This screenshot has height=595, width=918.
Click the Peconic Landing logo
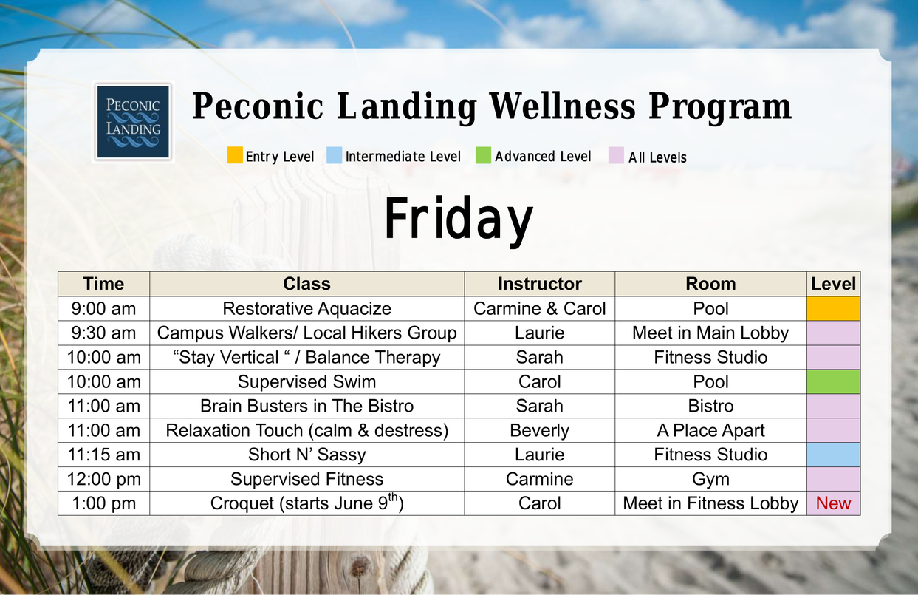pyautogui.click(x=133, y=122)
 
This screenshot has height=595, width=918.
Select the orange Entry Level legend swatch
pyautogui.click(x=235, y=155)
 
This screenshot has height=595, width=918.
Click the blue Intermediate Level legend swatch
pyautogui.click(x=334, y=155)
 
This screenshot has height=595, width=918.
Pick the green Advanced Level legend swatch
pyautogui.click(x=483, y=155)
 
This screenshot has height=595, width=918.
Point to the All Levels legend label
pyautogui.click(x=657, y=157)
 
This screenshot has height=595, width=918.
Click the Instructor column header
pyautogui.click(x=539, y=284)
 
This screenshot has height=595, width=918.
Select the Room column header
pyautogui.click(x=710, y=284)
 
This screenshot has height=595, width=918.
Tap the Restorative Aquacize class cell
pyautogui.click(x=306, y=308)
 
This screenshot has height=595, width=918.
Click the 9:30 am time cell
pyautogui.click(x=103, y=333)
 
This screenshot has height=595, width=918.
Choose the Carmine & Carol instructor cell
pyautogui.click(x=539, y=308)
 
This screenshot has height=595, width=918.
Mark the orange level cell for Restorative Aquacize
pyautogui.click(x=833, y=308)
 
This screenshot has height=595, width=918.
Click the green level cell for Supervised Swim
pyautogui.click(x=833, y=381)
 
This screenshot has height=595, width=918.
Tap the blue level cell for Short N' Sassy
pyautogui.click(x=833, y=455)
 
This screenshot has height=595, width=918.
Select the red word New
pyautogui.click(x=833, y=503)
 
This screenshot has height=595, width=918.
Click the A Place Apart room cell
pyautogui.click(x=710, y=430)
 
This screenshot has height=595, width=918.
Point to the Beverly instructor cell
pyautogui.click(x=539, y=430)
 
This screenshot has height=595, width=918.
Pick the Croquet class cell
pyautogui.click(x=306, y=503)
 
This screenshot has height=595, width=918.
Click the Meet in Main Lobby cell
pyautogui.click(x=710, y=333)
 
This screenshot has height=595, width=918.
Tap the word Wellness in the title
pyautogui.click(x=562, y=106)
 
